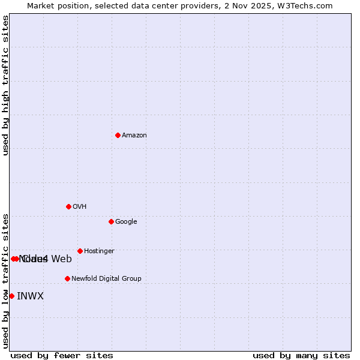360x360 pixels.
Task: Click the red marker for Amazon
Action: tap(118, 135)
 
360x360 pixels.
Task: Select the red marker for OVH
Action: tap(68, 206)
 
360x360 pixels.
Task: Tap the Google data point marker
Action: tap(111, 221)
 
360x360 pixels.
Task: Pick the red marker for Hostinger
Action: tap(80, 251)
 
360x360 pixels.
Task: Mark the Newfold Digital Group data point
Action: tap(67, 278)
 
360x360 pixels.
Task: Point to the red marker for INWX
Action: tap(11, 296)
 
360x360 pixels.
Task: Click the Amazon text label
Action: tap(134, 136)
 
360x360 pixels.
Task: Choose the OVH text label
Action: tap(80, 207)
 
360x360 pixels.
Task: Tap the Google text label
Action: tap(126, 222)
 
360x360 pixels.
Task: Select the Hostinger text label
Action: tap(99, 251)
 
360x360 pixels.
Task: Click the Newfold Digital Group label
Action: tap(106, 279)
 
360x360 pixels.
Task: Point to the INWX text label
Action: tap(30, 296)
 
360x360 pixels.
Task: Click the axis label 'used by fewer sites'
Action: tap(62, 356)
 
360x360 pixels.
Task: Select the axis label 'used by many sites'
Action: tap(301, 356)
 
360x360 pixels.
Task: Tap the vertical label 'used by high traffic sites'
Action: tap(6, 85)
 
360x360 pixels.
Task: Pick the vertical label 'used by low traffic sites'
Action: tap(6, 281)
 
